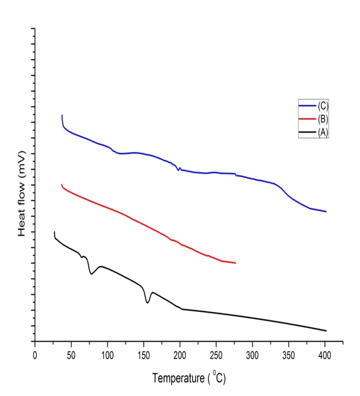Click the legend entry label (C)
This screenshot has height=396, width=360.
point(323,106)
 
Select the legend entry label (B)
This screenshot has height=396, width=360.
point(323,119)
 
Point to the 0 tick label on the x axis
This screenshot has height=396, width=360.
point(35,353)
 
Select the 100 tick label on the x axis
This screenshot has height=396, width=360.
point(107,353)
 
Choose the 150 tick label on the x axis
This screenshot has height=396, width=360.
point(144,353)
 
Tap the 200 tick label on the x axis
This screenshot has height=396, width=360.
point(180,353)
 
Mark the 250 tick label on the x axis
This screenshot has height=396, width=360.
point(216,353)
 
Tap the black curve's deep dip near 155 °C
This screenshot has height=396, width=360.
point(148,302)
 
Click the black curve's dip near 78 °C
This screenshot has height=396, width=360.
point(91,274)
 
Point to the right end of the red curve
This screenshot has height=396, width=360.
point(235,263)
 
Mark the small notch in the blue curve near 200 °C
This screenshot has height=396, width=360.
point(178,170)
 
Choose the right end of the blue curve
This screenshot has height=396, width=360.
point(326,211)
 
